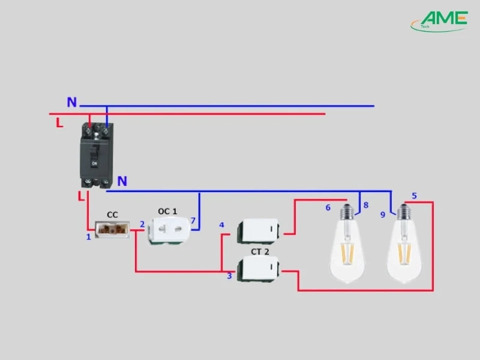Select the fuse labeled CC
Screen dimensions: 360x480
point(113,229)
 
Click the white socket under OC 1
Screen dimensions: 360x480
point(169,231)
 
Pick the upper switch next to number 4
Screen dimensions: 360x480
point(259,229)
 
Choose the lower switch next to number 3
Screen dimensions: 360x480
point(259,269)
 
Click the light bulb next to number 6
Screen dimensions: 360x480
point(348,246)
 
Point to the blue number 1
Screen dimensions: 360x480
point(88,237)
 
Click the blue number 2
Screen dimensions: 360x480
point(142,224)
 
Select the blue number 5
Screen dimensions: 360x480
point(414,196)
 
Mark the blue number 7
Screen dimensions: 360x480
point(193,221)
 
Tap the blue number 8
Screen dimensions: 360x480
point(365,205)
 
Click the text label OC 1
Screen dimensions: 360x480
point(167,211)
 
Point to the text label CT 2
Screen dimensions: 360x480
point(260,252)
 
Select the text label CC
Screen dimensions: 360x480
point(112,214)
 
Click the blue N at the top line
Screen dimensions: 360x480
point(72,103)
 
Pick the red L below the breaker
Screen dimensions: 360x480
point(81,196)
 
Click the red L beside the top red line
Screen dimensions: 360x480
point(59,123)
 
